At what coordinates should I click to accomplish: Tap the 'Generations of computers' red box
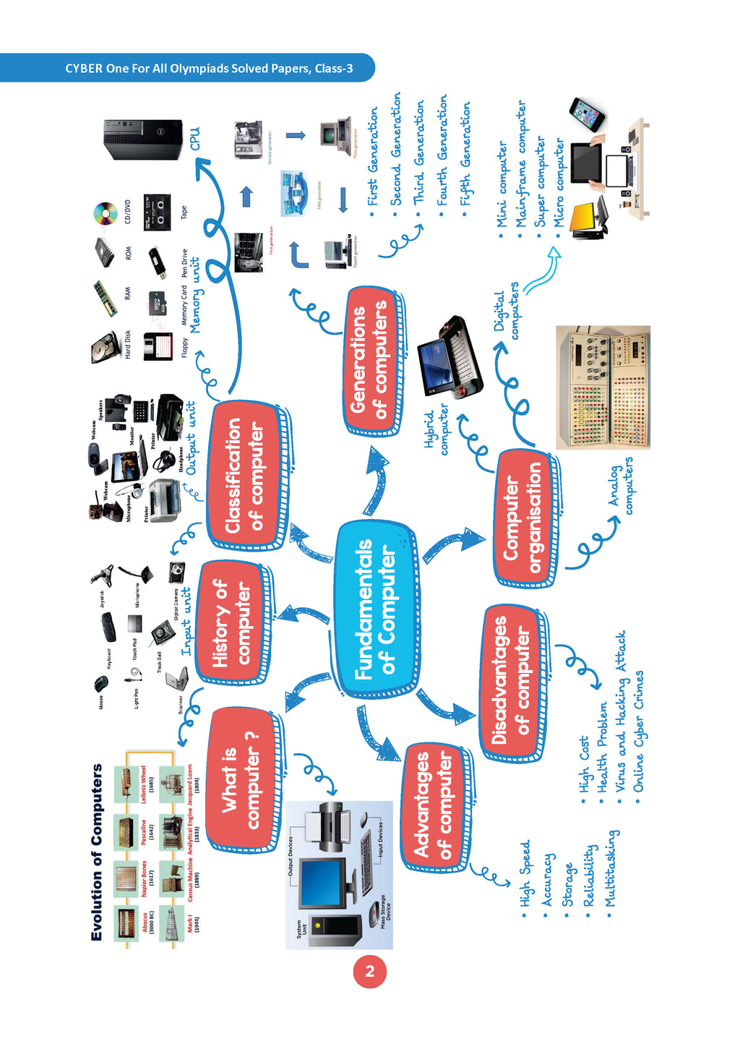click(x=369, y=361)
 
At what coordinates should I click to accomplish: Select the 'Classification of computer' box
click(x=245, y=475)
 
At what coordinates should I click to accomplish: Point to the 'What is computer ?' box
click(x=241, y=780)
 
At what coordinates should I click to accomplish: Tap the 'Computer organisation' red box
click(x=523, y=518)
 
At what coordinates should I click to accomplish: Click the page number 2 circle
click(x=370, y=971)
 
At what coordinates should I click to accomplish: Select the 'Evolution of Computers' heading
click(x=97, y=852)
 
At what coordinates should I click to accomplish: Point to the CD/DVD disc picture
click(x=106, y=213)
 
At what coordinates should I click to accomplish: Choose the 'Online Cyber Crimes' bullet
click(x=639, y=731)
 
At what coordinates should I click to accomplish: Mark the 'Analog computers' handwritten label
click(x=621, y=487)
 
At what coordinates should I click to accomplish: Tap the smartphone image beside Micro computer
click(x=587, y=114)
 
